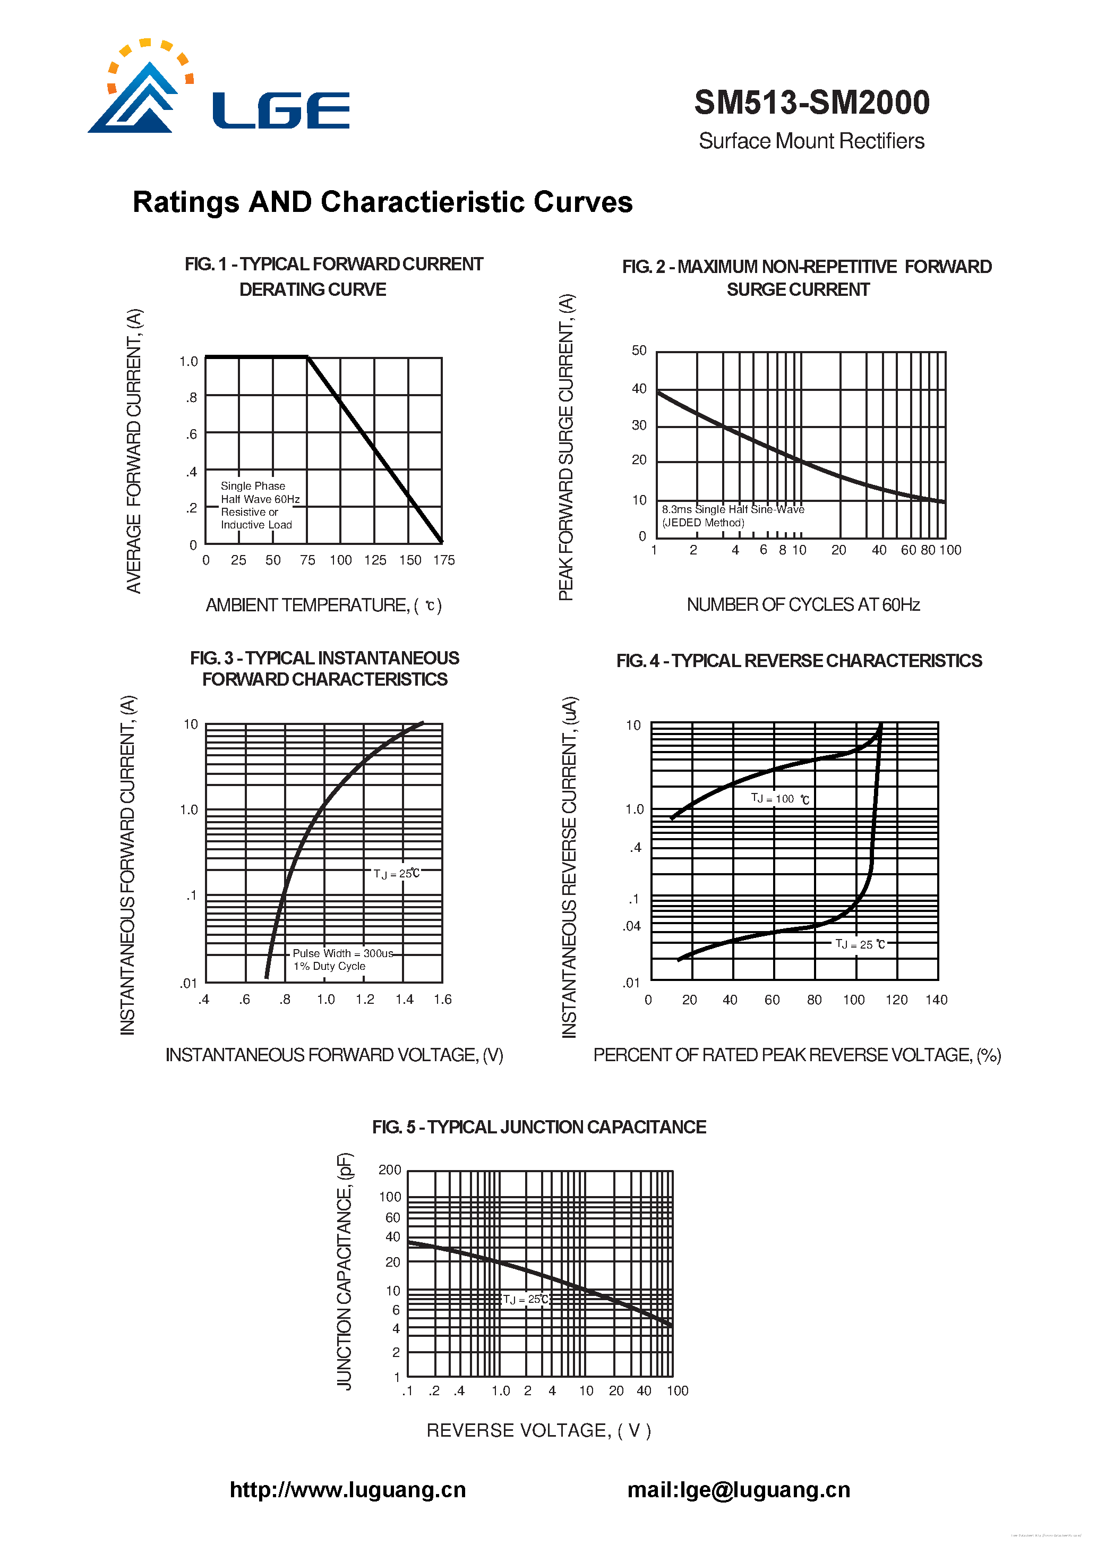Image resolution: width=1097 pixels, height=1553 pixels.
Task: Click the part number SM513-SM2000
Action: tap(811, 103)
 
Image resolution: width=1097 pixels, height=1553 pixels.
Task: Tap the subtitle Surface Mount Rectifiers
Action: tap(811, 141)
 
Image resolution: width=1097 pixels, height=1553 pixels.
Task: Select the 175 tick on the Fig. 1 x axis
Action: tap(444, 560)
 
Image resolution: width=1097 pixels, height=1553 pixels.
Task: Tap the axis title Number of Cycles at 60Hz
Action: tap(803, 605)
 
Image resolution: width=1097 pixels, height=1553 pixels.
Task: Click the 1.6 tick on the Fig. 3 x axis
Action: tap(442, 999)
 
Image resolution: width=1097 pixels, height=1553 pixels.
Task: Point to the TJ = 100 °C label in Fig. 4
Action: tap(779, 799)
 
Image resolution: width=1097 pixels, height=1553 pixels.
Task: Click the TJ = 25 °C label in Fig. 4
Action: tap(860, 944)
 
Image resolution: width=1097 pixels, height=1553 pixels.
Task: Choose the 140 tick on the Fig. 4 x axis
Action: tap(936, 1000)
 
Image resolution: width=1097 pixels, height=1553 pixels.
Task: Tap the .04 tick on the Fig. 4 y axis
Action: tap(632, 926)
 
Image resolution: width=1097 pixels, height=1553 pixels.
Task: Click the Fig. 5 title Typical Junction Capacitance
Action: tap(538, 1127)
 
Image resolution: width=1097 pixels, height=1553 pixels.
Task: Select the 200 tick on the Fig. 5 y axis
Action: tap(390, 1170)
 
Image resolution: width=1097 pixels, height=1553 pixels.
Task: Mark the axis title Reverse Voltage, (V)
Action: tap(538, 1430)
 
